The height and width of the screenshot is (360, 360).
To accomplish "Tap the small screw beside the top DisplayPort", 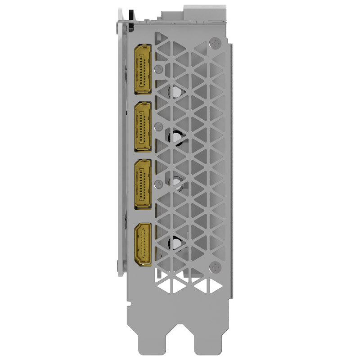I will click(x=158, y=69).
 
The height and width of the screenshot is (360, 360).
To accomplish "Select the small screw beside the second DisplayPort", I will click(x=158, y=127).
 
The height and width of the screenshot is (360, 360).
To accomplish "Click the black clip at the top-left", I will click(x=130, y=13).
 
